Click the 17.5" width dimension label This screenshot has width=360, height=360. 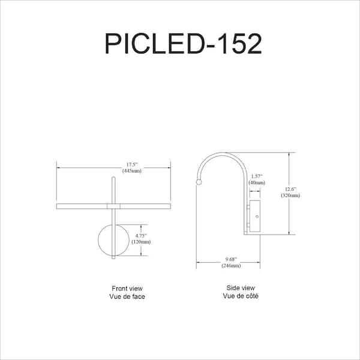pyautogui.click(x=131, y=164)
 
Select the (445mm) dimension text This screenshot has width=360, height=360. pyautogui.click(x=131, y=171)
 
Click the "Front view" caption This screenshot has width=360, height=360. pyautogui.click(x=127, y=289)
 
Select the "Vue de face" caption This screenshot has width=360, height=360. pyautogui.click(x=127, y=296)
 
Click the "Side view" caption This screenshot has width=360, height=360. pyautogui.click(x=241, y=288)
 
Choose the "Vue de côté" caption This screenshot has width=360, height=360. pyautogui.click(x=241, y=296)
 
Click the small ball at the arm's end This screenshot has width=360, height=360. pyautogui.click(x=199, y=181)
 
